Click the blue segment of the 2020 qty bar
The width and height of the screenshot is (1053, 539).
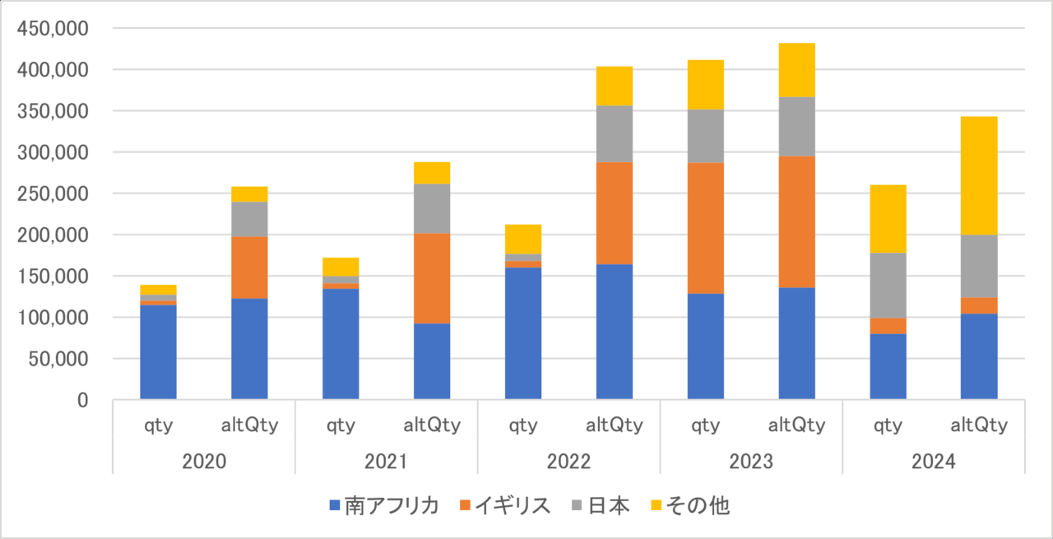pyautogui.click(x=158, y=352)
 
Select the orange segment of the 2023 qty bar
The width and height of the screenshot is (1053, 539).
pyautogui.click(x=706, y=228)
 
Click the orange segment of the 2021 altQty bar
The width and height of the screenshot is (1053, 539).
pyautogui.click(x=432, y=278)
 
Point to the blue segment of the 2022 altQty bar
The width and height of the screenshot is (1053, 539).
pyautogui.click(x=615, y=332)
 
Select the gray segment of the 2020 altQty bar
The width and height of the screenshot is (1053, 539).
pyautogui.click(x=249, y=219)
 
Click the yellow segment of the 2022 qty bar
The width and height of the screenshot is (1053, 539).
pyautogui.click(x=523, y=239)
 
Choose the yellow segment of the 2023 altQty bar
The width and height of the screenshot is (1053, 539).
pyautogui.click(x=797, y=70)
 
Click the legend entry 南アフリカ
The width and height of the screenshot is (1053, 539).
pyautogui.click(x=384, y=506)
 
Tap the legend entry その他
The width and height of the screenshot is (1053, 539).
pyautogui.click(x=697, y=506)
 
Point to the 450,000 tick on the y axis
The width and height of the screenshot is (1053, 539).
pyautogui.click(x=53, y=30)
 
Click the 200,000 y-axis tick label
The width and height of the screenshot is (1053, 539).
pyautogui.click(x=53, y=235)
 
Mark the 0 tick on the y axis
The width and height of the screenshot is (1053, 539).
pyautogui.click(x=81, y=401)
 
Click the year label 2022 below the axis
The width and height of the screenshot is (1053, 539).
pyautogui.click(x=568, y=462)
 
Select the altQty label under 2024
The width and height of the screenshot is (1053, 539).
pyautogui.click(x=979, y=425)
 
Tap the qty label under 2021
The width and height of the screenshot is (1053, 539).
pyautogui.click(x=341, y=425)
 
